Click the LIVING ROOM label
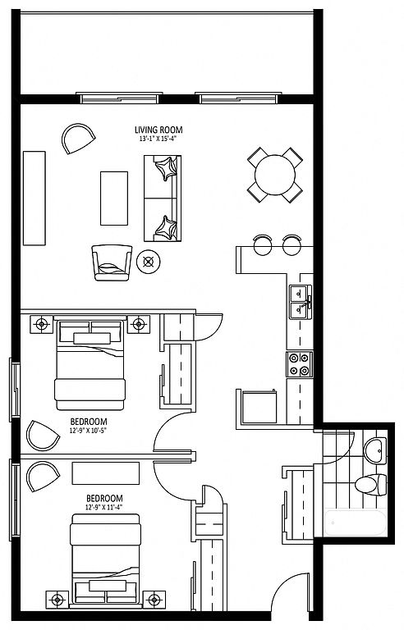coord(158,130)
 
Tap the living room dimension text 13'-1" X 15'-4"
coord(158,139)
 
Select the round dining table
coord(275,176)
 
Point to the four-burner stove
coord(300,364)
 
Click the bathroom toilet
coord(370,484)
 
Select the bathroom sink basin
coord(375,451)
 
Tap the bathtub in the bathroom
coord(356,523)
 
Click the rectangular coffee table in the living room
coord(114,198)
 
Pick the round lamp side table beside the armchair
coord(149,262)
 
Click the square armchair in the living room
coord(112,262)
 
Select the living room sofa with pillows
coord(163,199)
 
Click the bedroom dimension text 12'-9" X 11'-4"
coord(103,507)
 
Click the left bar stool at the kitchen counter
coord(263,244)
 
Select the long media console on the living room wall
coord(34,198)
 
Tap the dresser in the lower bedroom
coord(106,473)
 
